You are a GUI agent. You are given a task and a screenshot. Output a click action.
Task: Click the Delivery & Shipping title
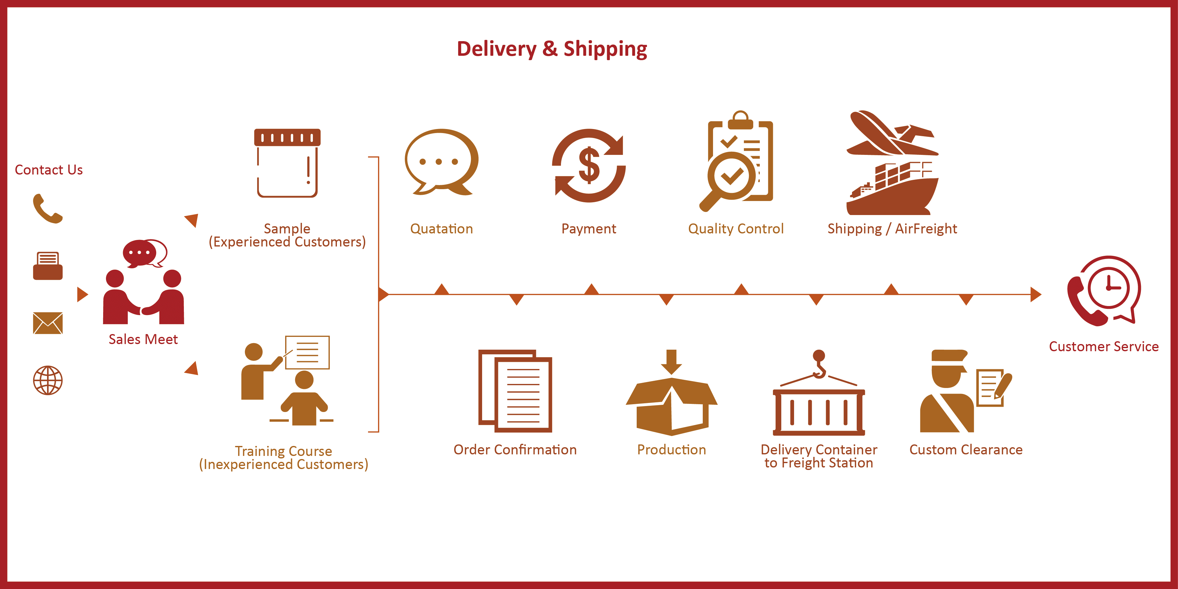tap(552, 49)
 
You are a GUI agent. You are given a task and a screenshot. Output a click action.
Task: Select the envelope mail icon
tap(48, 323)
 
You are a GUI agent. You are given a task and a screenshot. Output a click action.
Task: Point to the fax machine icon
tap(48, 266)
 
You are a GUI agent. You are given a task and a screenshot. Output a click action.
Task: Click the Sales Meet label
tap(143, 339)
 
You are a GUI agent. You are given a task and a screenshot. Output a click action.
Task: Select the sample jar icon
tap(287, 163)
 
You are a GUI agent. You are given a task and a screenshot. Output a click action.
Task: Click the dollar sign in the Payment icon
tap(589, 165)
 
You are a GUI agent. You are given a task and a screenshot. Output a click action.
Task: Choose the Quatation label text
tap(441, 229)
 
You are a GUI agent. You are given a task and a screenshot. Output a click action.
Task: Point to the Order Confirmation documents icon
tap(515, 391)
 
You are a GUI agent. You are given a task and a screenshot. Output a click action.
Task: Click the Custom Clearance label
tap(966, 450)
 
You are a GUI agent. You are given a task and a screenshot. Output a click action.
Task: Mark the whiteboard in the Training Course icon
tap(307, 352)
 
